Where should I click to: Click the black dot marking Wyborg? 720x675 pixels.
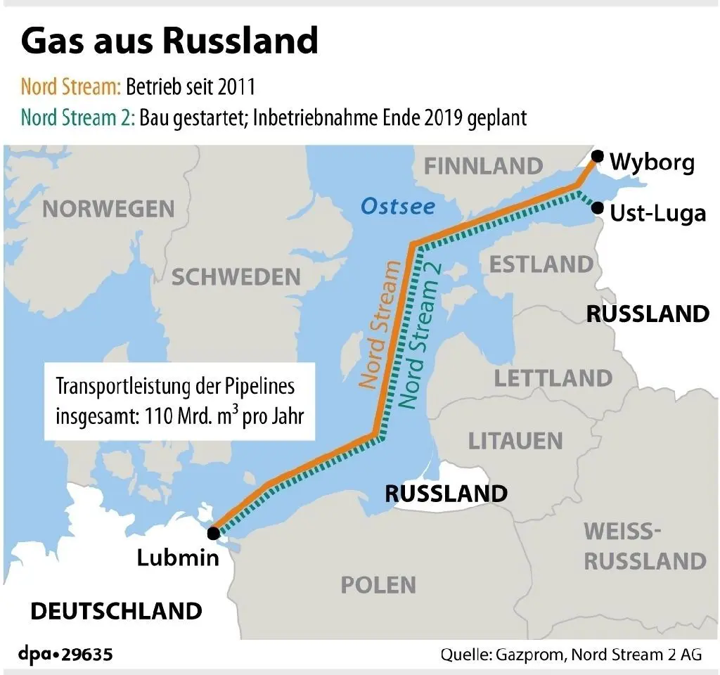597,156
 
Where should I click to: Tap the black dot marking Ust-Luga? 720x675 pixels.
597,207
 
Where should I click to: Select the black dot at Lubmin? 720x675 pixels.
212,533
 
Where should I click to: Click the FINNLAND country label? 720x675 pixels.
484,166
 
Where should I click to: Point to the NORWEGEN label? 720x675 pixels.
108,208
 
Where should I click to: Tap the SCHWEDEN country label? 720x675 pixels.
236,276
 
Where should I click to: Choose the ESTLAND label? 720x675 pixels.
541,264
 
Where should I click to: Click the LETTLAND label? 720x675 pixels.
553,378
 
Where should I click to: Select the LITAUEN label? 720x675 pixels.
515,441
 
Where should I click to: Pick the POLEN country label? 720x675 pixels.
378,584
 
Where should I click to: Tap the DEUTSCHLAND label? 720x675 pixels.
116,610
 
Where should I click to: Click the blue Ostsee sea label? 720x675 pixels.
397,207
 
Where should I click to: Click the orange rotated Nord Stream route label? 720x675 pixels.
380,324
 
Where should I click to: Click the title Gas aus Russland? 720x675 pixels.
169,41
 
